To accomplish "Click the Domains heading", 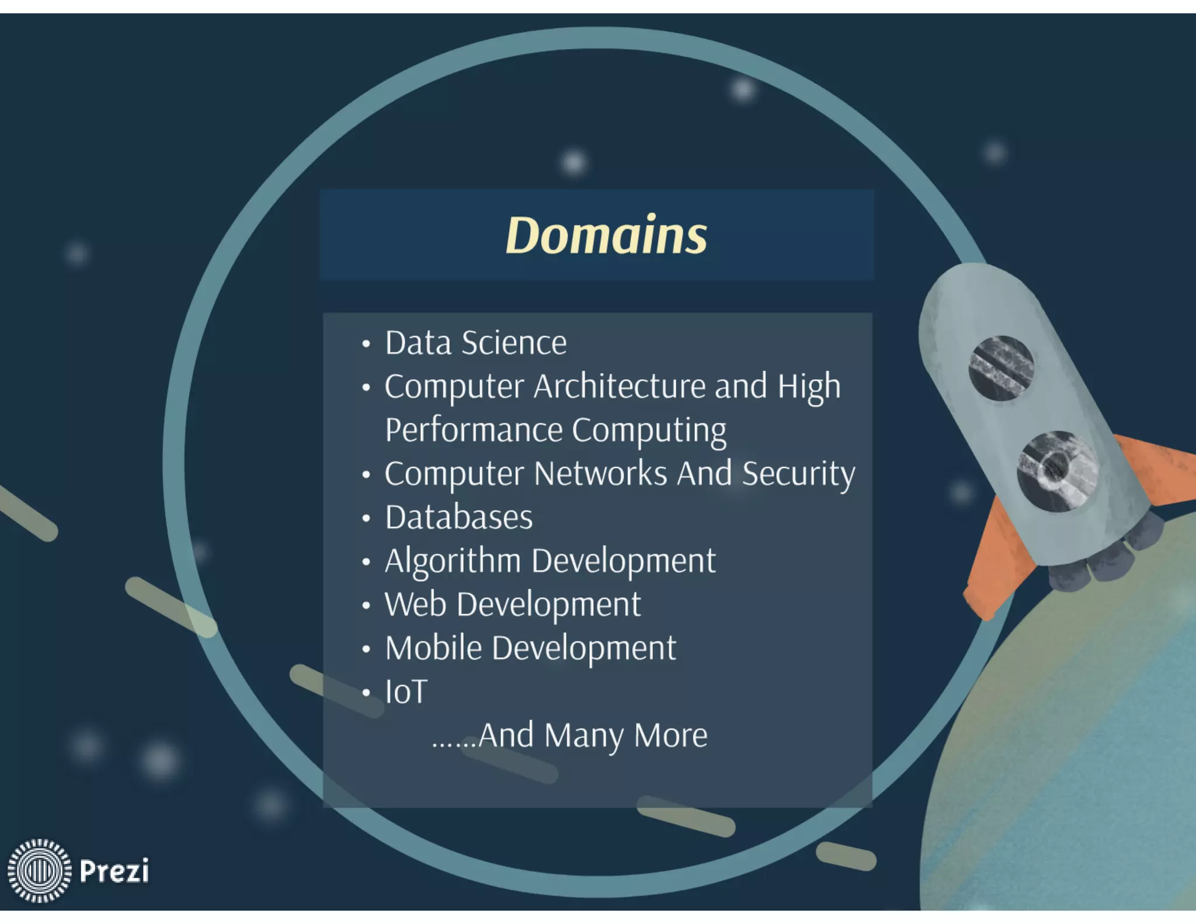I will [606, 235].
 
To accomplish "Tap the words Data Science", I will [475, 343].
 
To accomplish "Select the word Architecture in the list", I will [619, 386].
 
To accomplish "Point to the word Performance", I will [474, 430].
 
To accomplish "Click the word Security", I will [798, 473].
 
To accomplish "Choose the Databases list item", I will [458, 517].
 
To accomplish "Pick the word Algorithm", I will [453, 561].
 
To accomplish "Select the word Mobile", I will [433, 648].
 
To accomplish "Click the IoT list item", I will [406, 692].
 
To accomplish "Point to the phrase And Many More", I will [592, 735].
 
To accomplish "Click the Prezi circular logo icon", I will [39, 870].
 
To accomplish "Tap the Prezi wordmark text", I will [114, 870].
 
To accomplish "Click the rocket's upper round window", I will [1001, 368].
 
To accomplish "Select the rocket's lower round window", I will [1056, 471].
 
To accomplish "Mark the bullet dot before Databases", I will [366, 518].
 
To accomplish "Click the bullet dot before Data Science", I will [366, 343].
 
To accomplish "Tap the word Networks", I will [600, 473].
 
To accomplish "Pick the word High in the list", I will [809, 387].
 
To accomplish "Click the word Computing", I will [649, 430].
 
